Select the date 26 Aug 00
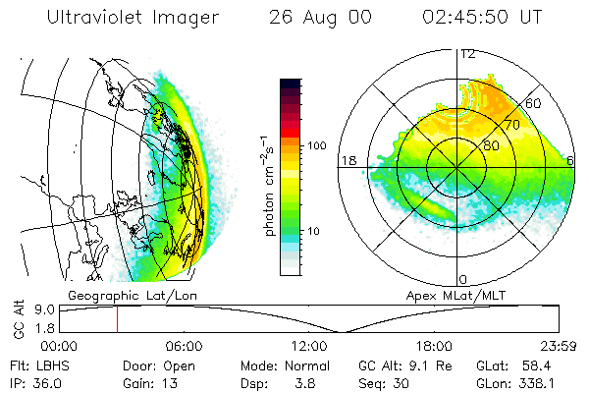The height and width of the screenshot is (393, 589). (315, 19)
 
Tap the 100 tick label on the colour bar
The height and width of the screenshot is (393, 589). (316, 145)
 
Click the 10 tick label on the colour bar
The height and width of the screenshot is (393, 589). (313, 232)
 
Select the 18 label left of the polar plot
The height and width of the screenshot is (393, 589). (348, 160)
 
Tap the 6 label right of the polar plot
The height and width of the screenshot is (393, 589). (572, 160)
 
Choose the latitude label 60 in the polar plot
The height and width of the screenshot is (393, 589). (535, 102)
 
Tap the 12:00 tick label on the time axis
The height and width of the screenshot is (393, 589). (308, 346)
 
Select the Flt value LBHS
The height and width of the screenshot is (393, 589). (50, 365)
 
